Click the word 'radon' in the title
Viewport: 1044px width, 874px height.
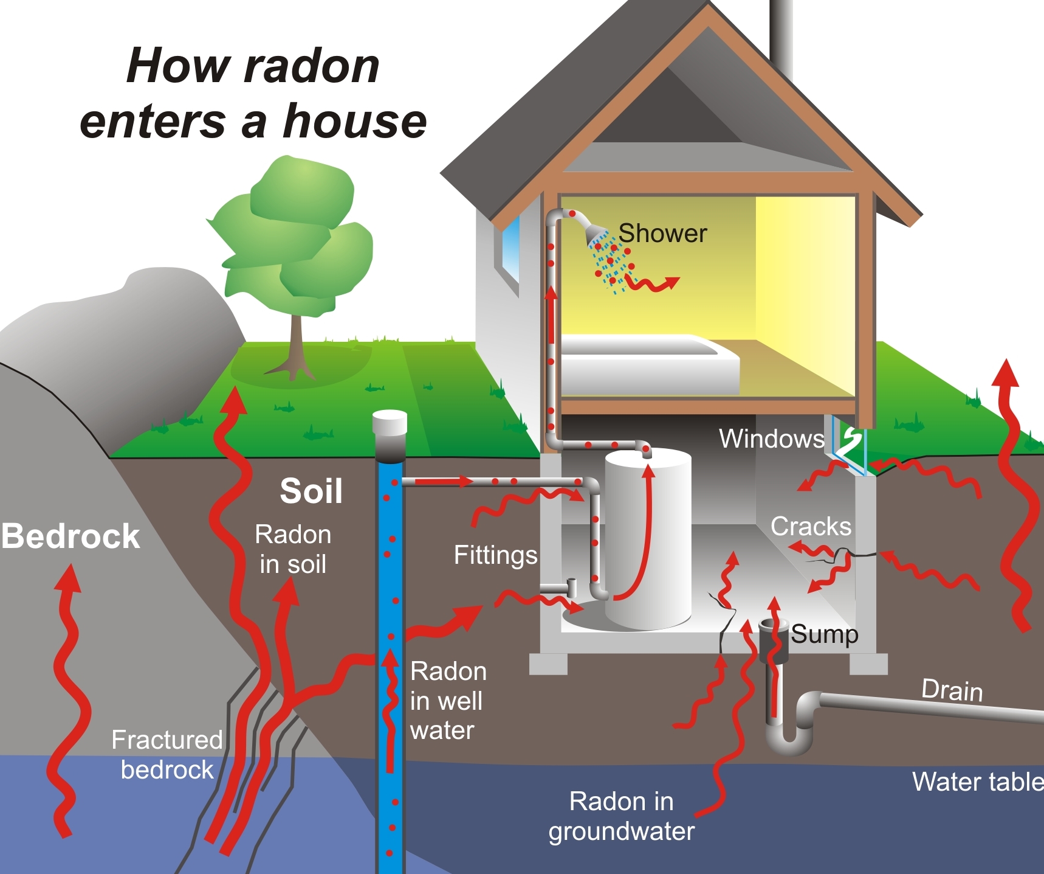point(312,66)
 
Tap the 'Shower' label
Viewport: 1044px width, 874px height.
point(662,234)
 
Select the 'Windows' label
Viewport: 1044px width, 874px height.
point(771,439)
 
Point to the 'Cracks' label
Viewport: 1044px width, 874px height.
point(811,527)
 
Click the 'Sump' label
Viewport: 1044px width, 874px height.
point(824,634)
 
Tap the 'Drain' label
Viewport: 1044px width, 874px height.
point(952,690)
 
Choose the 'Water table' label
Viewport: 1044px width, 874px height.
point(977,782)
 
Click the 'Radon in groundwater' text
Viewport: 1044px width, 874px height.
point(621,816)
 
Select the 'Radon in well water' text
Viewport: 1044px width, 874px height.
point(448,701)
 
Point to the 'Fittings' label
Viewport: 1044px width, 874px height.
point(495,555)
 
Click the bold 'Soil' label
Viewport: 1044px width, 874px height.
point(311,491)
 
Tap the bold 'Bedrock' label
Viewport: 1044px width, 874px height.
point(70,536)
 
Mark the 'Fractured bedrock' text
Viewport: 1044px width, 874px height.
point(167,755)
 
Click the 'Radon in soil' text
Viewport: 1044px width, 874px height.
point(293,549)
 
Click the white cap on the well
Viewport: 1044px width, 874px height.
point(390,422)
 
